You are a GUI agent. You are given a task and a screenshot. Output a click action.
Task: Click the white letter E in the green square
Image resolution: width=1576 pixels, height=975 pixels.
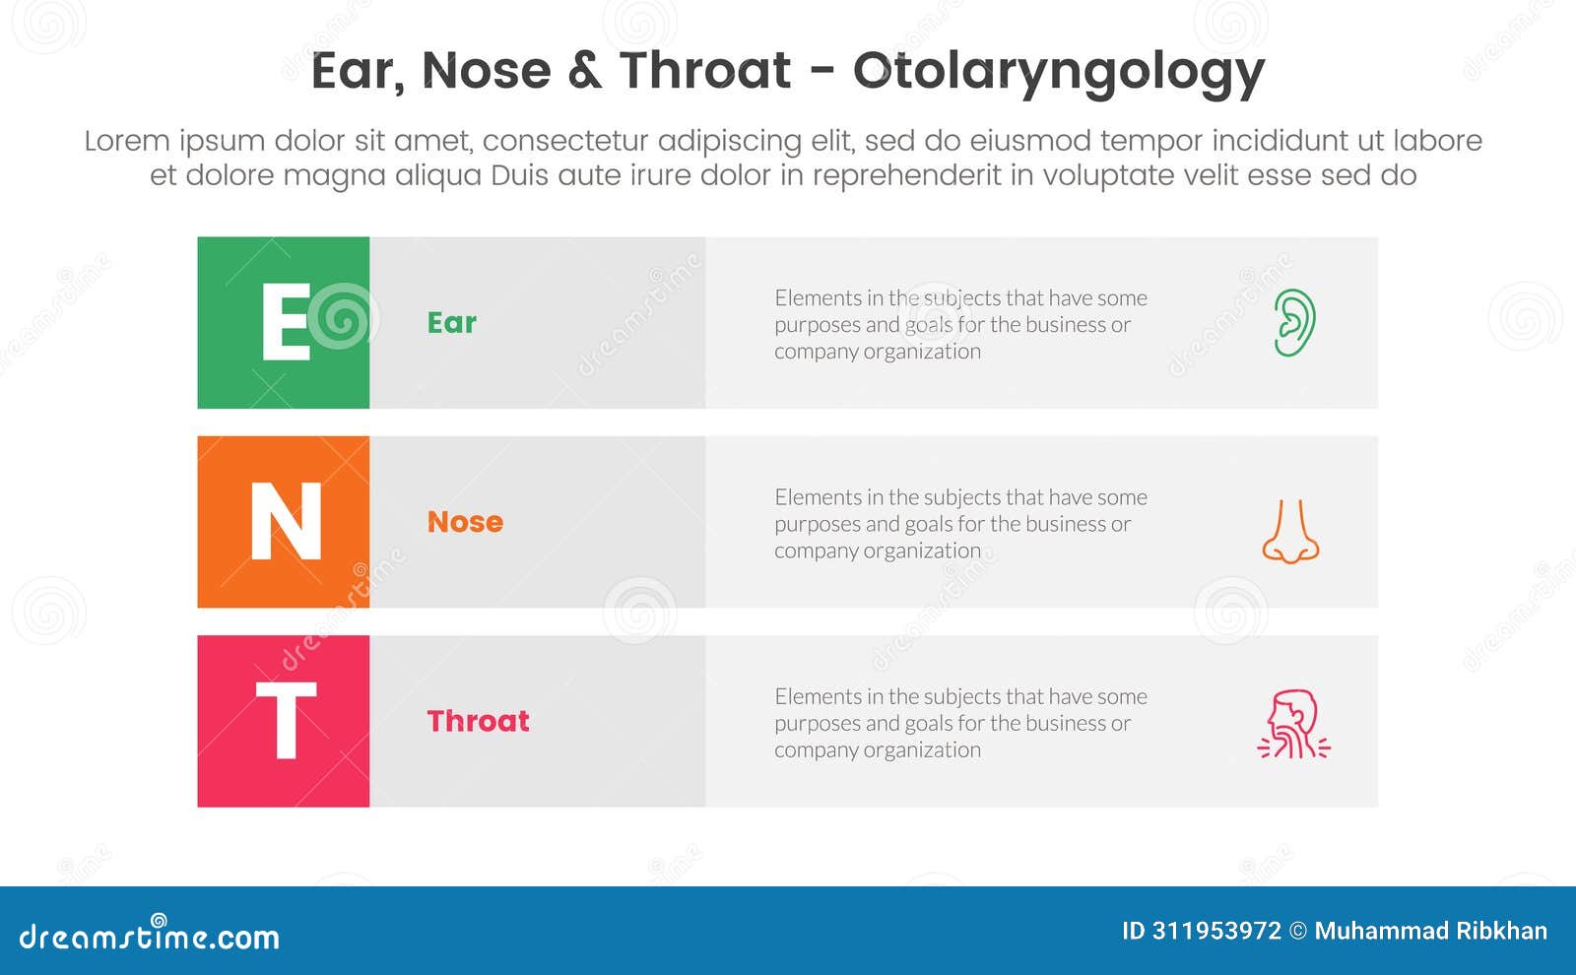[285, 322]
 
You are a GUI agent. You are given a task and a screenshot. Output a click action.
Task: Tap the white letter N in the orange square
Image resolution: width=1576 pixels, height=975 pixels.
[286, 522]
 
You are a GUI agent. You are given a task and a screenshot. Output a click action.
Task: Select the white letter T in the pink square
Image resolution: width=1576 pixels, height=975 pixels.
[286, 721]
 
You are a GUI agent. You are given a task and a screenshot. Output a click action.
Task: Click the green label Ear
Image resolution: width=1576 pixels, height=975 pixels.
[451, 323]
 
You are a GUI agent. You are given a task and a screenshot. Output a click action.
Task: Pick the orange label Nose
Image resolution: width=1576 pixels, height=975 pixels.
[465, 522]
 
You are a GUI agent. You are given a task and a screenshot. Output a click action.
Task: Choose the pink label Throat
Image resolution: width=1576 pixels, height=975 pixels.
[478, 721]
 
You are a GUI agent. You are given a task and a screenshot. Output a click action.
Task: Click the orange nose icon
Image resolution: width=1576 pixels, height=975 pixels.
[1290, 531]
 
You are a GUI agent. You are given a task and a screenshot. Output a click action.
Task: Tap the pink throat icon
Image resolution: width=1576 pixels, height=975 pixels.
[1293, 724]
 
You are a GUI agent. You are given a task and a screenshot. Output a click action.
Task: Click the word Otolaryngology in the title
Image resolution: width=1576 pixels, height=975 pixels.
[1058, 71]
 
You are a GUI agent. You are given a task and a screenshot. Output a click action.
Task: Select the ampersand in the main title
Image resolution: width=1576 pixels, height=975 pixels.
[584, 71]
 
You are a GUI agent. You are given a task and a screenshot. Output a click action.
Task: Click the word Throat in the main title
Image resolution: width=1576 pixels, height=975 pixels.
[704, 71]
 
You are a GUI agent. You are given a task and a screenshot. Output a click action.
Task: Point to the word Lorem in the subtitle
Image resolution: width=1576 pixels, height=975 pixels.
[127, 141]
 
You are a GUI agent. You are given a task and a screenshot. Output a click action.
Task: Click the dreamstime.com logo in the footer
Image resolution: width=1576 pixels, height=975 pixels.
[149, 935]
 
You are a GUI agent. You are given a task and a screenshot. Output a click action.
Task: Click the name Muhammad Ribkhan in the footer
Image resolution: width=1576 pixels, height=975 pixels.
[1430, 931]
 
